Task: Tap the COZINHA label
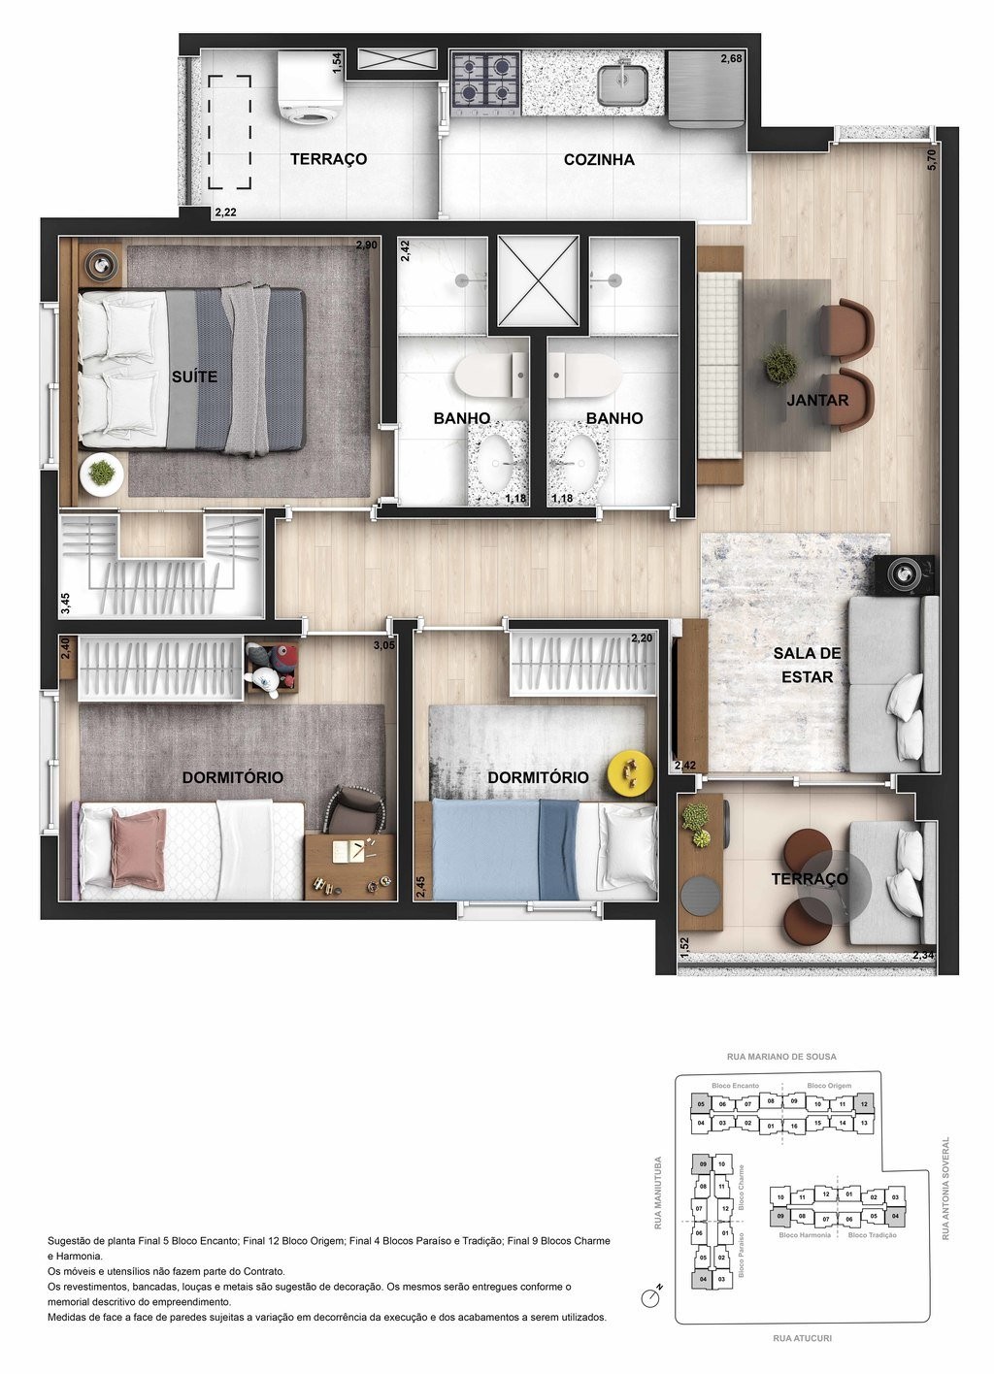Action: (x=599, y=159)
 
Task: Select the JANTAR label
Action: (x=817, y=400)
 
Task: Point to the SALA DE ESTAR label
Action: (x=808, y=665)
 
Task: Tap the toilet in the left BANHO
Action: (x=489, y=375)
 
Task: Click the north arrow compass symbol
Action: (x=652, y=1295)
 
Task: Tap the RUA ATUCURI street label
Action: (x=803, y=1338)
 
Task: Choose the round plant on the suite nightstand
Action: (x=100, y=473)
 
